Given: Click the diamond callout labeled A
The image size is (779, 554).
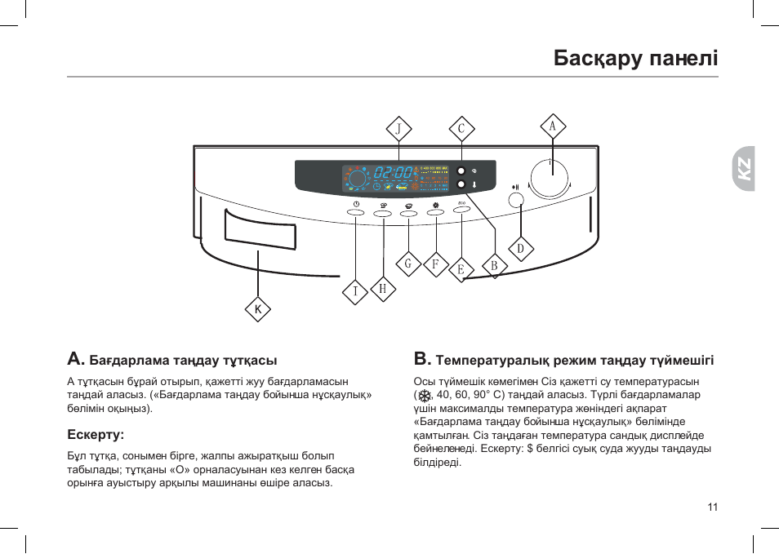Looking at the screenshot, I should (553, 126).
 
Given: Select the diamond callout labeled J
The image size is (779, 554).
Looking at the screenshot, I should (398, 129).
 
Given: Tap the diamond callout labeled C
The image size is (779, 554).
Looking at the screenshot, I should (461, 129).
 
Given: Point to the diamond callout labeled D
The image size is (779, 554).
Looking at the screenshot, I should (520, 248).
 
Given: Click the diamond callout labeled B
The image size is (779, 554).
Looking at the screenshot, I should (494, 265).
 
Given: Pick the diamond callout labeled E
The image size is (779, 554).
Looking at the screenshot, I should (461, 269).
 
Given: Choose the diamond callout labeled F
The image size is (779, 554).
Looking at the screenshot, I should (436, 264).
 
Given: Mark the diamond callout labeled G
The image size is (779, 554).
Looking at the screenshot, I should (408, 264).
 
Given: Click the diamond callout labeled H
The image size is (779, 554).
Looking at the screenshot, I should (383, 288).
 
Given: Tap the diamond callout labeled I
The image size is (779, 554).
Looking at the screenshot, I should (355, 291).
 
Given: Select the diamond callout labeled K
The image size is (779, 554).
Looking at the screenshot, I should (258, 309).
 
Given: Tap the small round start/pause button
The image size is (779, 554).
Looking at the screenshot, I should (516, 200).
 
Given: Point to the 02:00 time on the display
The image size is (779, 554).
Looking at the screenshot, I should (394, 173).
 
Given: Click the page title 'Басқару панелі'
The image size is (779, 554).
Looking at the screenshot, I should (635, 58).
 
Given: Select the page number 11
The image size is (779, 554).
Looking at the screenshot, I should (713, 507).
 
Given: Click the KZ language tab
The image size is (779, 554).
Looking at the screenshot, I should (743, 168).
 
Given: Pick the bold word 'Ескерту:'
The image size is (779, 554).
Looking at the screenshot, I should (95, 434).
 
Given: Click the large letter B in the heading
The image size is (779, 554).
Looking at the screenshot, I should (421, 359).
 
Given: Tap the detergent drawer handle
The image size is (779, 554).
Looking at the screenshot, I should (260, 229).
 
